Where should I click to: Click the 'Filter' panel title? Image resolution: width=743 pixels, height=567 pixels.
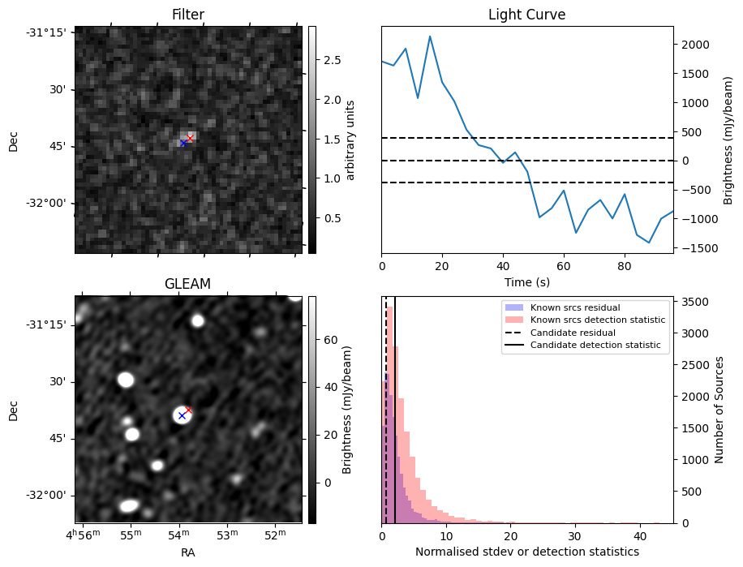187,15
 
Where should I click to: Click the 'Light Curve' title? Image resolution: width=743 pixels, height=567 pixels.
526,15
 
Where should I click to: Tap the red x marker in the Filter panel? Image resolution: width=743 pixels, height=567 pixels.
191,139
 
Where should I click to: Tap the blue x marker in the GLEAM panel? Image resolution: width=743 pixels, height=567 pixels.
182,415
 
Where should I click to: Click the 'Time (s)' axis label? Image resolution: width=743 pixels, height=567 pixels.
526,281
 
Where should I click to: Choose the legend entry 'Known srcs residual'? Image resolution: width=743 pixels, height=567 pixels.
574,307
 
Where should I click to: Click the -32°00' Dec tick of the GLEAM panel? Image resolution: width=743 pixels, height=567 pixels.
49,495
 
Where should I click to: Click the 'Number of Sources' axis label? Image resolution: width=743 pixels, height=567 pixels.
719,410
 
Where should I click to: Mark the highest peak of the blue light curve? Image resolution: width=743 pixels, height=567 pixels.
430,37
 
